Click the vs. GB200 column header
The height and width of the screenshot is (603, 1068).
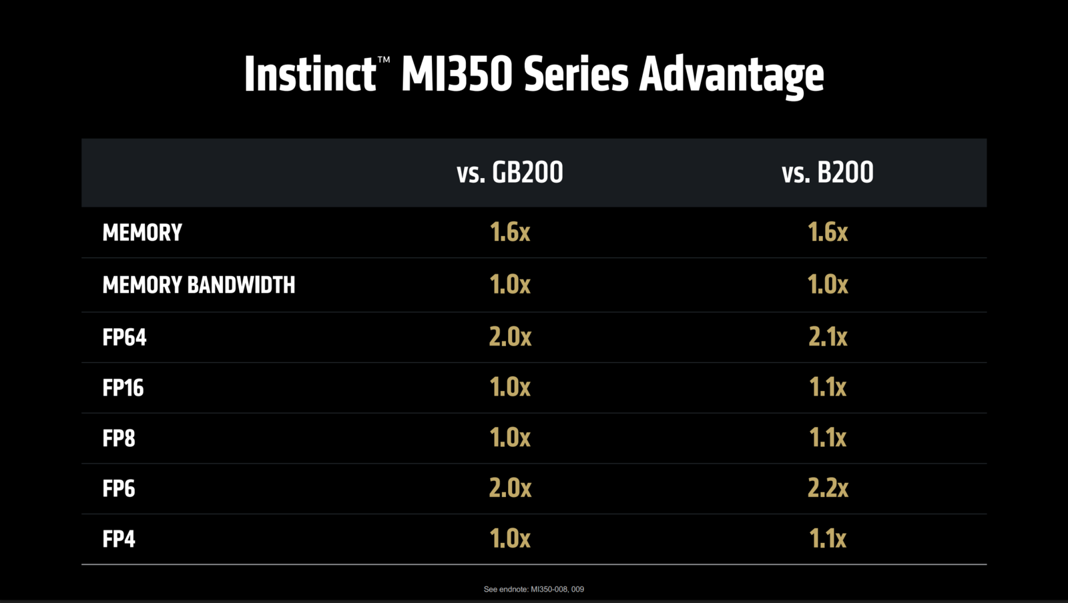pos(510,173)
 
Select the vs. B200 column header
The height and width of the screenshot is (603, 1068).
pos(827,173)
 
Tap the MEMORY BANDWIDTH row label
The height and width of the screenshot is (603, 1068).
pos(198,285)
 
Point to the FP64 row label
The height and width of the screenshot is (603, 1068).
pos(124,337)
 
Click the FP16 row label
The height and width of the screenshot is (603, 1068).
pos(123,388)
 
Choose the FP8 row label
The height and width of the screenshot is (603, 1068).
pos(119,438)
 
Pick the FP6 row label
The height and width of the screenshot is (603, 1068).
pos(119,488)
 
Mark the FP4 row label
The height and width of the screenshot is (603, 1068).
pos(119,539)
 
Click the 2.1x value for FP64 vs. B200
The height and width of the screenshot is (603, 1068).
pos(828,337)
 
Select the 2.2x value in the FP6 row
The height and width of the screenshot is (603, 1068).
pos(828,488)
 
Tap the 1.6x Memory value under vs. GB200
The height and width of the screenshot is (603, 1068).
pos(510,232)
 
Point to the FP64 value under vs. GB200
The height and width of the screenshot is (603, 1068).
pos(510,337)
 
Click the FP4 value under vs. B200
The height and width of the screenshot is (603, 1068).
pos(828,539)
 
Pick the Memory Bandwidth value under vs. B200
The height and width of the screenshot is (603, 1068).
pos(828,285)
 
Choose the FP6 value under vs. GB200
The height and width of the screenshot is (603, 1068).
pos(510,488)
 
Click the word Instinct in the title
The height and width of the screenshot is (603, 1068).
pos(309,74)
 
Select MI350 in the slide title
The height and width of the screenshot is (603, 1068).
pos(457,74)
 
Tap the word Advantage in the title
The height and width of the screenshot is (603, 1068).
pos(732,75)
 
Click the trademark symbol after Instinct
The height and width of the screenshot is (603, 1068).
pos(384,60)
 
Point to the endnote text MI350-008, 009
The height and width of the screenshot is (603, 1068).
pos(557,589)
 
